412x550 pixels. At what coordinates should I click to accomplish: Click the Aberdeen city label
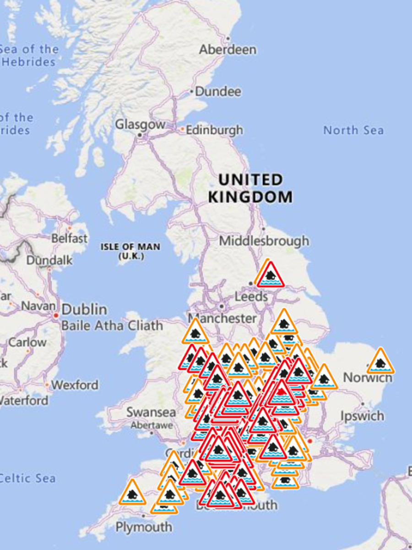227,49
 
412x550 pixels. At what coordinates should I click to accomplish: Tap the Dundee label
218,91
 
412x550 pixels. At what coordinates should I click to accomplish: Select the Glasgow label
140,124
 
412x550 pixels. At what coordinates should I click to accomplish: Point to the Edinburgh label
214,130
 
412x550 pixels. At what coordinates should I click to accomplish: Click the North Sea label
353,130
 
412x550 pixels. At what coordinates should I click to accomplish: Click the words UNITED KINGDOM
250,188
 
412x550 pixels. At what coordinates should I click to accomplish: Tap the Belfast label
69,238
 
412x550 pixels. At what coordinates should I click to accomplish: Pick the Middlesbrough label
264,241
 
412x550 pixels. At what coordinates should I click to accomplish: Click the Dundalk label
49,260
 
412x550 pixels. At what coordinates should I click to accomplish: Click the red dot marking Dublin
56,315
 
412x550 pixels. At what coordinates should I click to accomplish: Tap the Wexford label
75,385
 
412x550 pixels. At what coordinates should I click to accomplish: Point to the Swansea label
151,412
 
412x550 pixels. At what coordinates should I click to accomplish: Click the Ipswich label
362,416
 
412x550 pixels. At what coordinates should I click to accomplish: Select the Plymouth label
143,527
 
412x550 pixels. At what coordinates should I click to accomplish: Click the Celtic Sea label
27,478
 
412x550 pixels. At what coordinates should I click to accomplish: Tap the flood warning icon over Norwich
380,361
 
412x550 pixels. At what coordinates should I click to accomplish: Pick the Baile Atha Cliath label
112,326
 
